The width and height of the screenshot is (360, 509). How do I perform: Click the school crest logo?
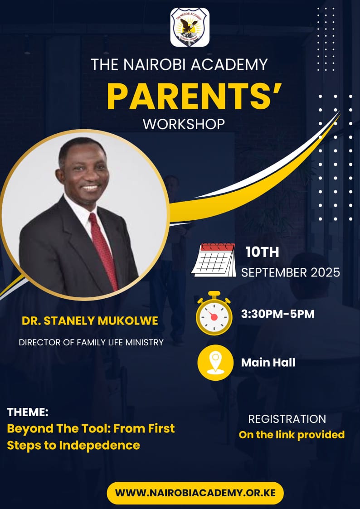point(190,27)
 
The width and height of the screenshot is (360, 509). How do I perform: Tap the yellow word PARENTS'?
point(194,97)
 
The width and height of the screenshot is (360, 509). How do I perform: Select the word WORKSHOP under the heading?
point(184,124)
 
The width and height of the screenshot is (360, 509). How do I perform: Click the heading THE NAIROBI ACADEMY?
point(179,64)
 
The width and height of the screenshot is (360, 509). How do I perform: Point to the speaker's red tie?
point(103,250)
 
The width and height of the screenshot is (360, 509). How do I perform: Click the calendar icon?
point(214,260)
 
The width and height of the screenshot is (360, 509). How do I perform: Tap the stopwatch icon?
point(214,313)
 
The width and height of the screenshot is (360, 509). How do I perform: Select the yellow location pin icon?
point(215,363)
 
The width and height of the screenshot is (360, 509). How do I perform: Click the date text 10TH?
point(262,252)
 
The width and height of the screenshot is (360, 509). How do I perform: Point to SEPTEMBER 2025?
point(291,272)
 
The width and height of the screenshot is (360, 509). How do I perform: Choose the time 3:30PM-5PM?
point(277,314)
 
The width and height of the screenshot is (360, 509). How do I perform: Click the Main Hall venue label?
point(268,363)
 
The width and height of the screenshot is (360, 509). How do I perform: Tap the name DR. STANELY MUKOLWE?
point(90,321)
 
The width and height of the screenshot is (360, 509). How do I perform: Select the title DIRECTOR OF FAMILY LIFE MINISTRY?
point(91,342)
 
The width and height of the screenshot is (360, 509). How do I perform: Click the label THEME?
point(28,412)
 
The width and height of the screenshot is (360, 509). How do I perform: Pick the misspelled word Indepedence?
point(99,445)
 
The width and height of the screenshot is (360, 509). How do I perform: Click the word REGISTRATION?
point(287,419)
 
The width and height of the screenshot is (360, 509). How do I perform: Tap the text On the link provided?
point(292,434)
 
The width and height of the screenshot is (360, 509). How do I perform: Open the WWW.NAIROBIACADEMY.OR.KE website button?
point(195,493)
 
